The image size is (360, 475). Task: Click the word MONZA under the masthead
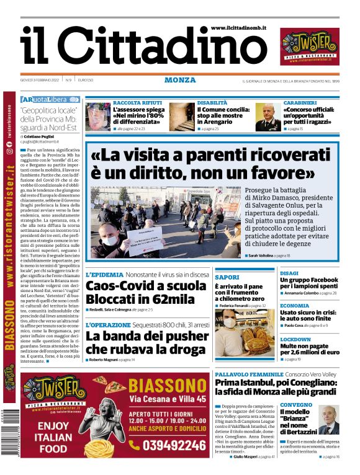point(180,80)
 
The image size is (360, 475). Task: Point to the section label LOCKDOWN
point(295,340)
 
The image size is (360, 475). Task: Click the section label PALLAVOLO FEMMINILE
point(240,375)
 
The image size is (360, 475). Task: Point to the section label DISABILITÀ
point(212,102)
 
